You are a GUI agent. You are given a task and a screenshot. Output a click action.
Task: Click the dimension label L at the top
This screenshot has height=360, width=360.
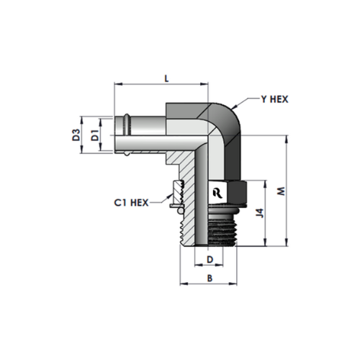click(x=166, y=78)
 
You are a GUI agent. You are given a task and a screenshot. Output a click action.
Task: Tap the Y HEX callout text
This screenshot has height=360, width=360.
click(x=274, y=99)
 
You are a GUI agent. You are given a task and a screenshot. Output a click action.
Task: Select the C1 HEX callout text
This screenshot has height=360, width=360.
click(x=131, y=203)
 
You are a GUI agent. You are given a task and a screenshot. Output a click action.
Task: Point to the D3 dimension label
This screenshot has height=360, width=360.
click(x=76, y=135)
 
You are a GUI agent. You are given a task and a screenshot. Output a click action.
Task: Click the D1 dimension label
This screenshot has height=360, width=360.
click(x=96, y=135)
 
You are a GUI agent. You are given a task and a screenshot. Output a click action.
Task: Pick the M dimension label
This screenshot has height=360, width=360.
click(x=281, y=191)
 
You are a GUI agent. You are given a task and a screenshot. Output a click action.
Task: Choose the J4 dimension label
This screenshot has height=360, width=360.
click(x=260, y=213)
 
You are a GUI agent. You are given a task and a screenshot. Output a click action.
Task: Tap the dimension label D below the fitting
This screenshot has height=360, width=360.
click(x=210, y=259)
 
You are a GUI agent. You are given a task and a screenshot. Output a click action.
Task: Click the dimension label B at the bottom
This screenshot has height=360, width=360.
click(x=210, y=278)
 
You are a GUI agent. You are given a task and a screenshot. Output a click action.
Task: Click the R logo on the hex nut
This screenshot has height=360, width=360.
click(x=217, y=193)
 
